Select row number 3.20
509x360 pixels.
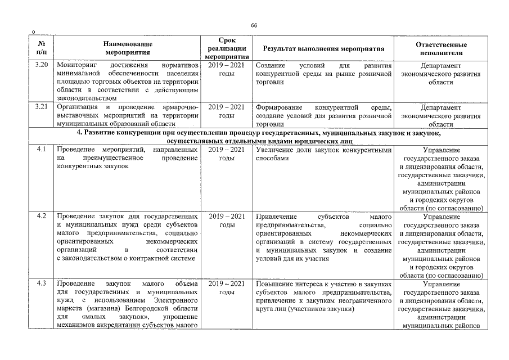41,65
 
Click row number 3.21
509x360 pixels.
41,107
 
